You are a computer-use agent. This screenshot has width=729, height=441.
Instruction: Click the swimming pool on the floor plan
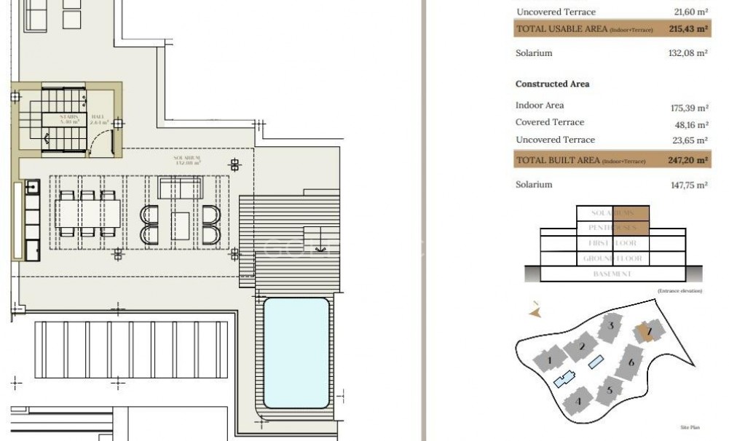(296, 352)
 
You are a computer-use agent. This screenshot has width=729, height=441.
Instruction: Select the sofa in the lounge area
(181, 188)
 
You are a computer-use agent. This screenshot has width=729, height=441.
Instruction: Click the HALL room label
(98, 119)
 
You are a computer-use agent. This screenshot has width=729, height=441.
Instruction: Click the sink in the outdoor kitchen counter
(32, 188)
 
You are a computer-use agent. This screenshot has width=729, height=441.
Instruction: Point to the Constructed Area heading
(552, 84)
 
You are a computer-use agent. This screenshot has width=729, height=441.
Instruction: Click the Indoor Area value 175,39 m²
(689, 108)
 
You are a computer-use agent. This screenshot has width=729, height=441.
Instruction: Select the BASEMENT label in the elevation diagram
(612, 274)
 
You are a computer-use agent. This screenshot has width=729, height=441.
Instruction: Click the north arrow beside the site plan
(535, 311)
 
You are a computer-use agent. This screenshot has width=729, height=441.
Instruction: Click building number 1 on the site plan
(551, 359)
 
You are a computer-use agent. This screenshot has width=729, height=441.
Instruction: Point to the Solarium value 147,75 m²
(689, 186)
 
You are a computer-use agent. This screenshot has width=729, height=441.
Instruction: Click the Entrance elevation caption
(679, 291)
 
